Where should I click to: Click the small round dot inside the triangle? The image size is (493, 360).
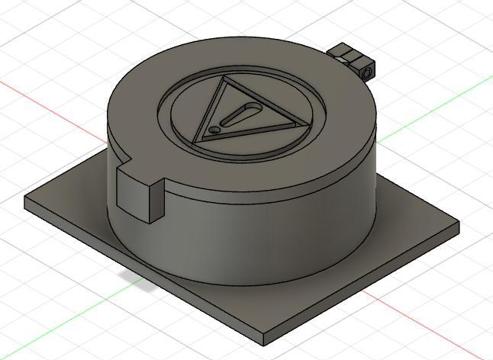coord(215,130)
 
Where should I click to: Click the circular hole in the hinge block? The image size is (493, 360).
coord(368,71)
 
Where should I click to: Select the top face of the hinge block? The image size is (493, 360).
coord(346,52)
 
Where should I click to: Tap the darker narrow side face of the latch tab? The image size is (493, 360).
coord(156,201)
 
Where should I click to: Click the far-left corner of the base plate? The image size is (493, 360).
coord(26,200)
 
